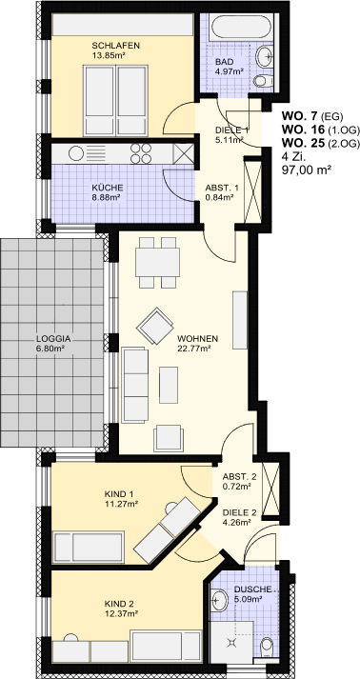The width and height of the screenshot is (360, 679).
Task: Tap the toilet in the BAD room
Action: pos(264,80)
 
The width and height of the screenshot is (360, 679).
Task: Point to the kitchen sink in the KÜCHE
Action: pos(76,153)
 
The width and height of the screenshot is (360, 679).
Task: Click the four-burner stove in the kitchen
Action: pos(141,153)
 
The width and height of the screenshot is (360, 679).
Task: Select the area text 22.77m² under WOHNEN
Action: pos(194,348)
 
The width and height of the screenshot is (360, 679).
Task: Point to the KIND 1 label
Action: pos(119,493)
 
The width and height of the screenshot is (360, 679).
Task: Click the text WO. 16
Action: pos(303,130)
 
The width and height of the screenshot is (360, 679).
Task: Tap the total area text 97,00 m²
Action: pos(304,170)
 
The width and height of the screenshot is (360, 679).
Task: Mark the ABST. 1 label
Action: pos(221,188)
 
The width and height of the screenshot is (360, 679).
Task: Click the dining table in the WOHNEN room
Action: pos(157,263)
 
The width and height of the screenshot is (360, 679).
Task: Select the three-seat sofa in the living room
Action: pos(135,385)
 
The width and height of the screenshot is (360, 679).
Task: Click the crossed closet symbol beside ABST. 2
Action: pos(271,489)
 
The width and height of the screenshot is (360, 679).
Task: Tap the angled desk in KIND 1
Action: pos(167,529)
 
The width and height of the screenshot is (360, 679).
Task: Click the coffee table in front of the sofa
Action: pos(169,385)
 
